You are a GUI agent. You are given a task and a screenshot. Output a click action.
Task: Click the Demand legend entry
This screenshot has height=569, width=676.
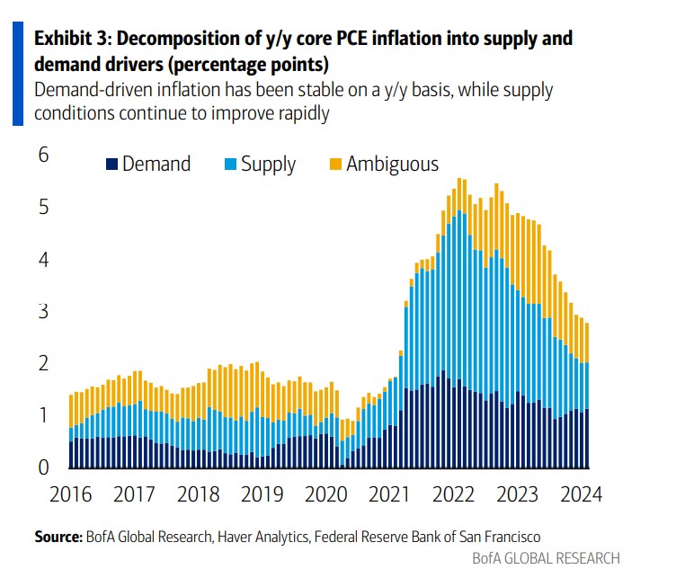[x=156, y=164]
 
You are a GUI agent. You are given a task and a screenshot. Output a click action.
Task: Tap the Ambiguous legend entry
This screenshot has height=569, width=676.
[x=393, y=164]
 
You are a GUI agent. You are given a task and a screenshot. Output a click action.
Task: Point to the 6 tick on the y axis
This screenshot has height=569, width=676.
[x=43, y=156]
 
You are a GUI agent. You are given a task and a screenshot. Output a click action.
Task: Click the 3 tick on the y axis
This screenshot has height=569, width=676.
[x=43, y=312]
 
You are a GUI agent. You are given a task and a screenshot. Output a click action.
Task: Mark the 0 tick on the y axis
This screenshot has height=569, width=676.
[x=43, y=467]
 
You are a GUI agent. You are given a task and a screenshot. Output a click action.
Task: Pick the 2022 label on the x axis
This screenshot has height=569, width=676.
[x=453, y=493]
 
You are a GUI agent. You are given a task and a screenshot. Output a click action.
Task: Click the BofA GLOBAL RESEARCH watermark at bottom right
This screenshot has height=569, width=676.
[x=546, y=557]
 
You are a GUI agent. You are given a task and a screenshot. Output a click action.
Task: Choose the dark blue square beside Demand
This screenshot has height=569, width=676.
[x=111, y=164]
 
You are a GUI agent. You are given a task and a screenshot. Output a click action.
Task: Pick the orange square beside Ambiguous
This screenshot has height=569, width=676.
[x=334, y=164]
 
